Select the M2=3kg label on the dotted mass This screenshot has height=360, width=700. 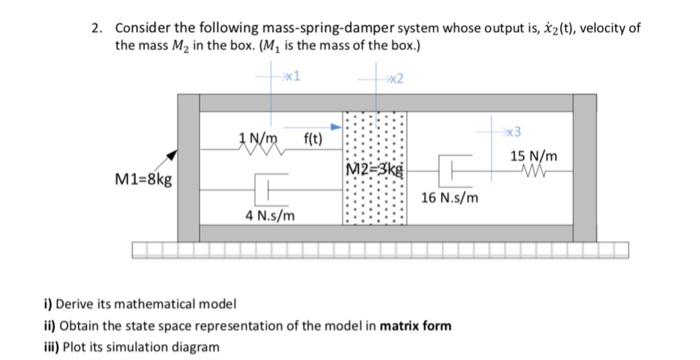pyautogui.click(x=375, y=167)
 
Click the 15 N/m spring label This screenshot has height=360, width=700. pyautogui.click(x=534, y=157)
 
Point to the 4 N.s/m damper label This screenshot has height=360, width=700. pyautogui.click(x=269, y=215)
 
